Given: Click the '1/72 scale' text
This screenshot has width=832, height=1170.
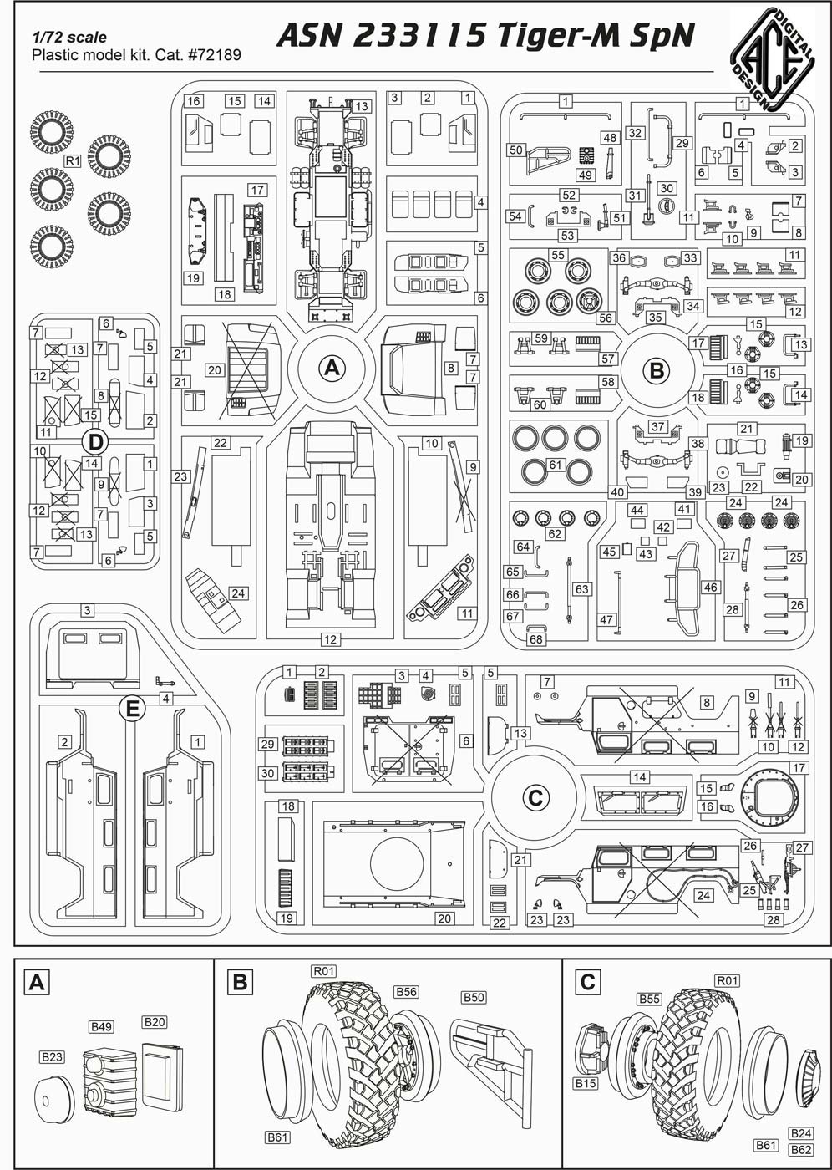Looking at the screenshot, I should pyautogui.click(x=69, y=38).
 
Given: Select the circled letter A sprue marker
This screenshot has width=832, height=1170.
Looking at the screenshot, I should pyautogui.click(x=332, y=368).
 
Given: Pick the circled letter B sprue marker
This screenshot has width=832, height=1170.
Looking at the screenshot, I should pyautogui.click(x=657, y=369).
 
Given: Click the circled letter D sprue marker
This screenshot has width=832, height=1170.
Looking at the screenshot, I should pyautogui.click(x=94, y=440).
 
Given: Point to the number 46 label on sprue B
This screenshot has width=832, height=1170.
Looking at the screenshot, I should pyautogui.click(x=711, y=588).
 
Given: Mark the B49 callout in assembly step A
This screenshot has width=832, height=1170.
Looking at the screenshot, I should pyautogui.click(x=101, y=1026).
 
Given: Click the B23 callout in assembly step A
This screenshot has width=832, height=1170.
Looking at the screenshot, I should pyautogui.click(x=52, y=1057).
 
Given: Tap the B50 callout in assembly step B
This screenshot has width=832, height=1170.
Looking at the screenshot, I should pyautogui.click(x=474, y=998).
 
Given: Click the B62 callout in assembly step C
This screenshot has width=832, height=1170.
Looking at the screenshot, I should pyautogui.click(x=801, y=1149).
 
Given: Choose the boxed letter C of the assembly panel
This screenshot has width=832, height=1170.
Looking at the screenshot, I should pyautogui.click(x=587, y=982).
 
